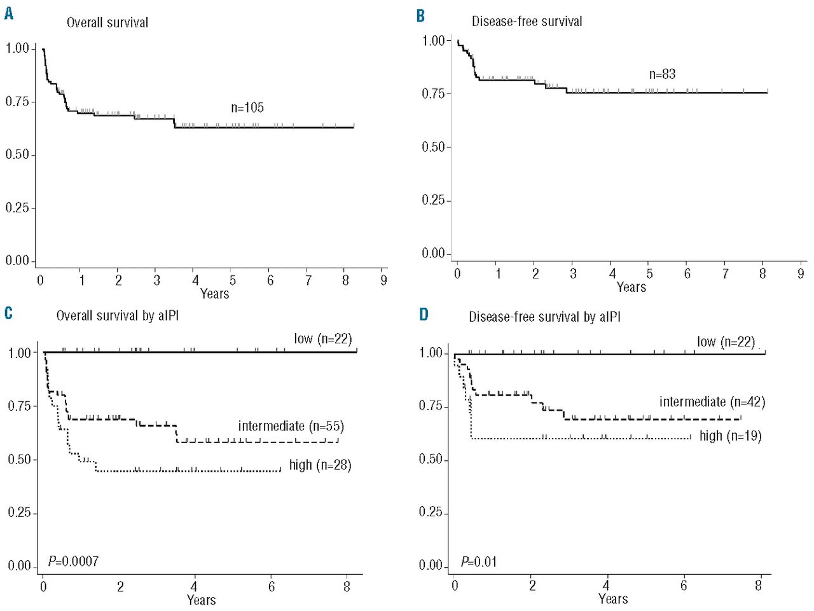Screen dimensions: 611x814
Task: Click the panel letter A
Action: (x=8, y=13)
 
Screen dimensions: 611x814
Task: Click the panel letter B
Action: (x=420, y=15)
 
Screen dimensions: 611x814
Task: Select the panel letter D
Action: (x=424, y=315)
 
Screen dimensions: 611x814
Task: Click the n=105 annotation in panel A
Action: (x=247, y=107)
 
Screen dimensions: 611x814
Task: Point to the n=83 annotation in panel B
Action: (x=662, y=74)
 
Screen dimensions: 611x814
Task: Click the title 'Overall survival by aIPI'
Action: (x=118, y=315)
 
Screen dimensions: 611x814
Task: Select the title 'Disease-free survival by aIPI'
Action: (x=544, y=317)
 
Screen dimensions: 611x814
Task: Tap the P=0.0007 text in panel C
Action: (x=73, y=561)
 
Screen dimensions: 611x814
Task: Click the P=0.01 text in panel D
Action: (x=479, y=562)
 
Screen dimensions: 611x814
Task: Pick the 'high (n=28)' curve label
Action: (x=320, y=465)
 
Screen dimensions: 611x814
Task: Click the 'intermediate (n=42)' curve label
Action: (x=712, y=402)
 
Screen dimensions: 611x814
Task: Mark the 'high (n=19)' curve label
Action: (x=730, y=436)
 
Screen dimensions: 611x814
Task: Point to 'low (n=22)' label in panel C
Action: (x=322, y=339)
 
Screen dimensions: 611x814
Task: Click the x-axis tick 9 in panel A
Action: (x=383, y=280)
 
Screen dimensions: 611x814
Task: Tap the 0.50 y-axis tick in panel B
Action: (x=432, y=147)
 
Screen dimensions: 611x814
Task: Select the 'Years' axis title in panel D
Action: (x=613, y=599)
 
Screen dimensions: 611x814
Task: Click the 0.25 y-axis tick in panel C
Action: (x=18, y=512)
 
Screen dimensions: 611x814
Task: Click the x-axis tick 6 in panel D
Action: (x=684, y=586)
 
